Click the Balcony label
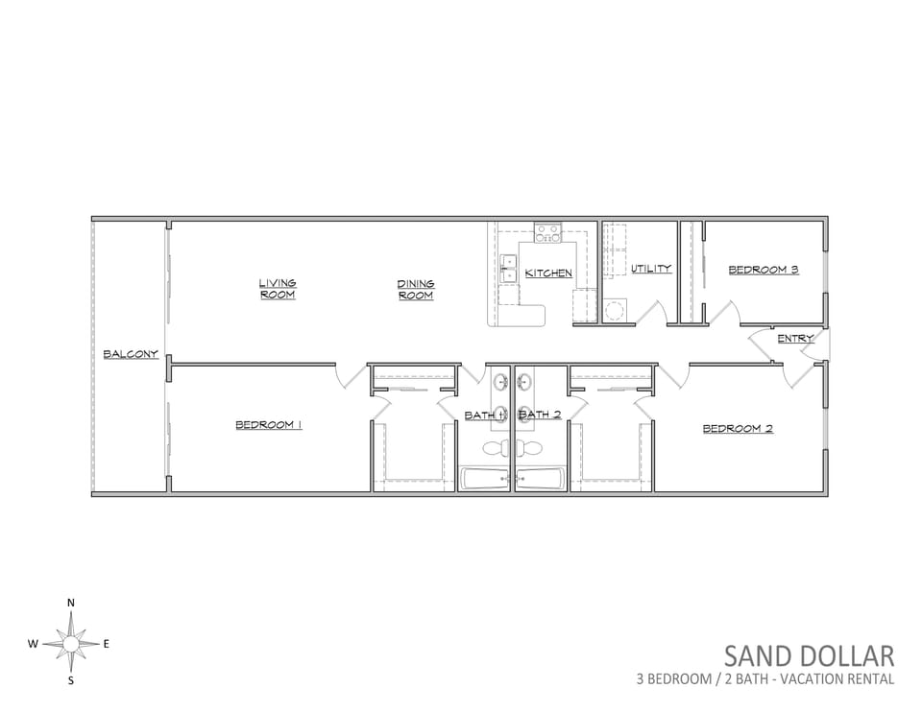(131, 354)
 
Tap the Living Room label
(278, 289)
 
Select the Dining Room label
(416, 290)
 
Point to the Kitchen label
(548, 273)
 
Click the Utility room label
(651, 269)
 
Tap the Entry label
(795, 339)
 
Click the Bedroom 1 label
(269, 425)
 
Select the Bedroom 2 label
(738, 429)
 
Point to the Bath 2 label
(540, 415)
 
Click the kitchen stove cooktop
(548, 232)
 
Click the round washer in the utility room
(616, 310)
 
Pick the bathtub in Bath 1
(484, 480)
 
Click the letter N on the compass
(71, 603)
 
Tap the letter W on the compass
(33, 644)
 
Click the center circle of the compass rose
(70, 645)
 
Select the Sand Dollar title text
(809, 656)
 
